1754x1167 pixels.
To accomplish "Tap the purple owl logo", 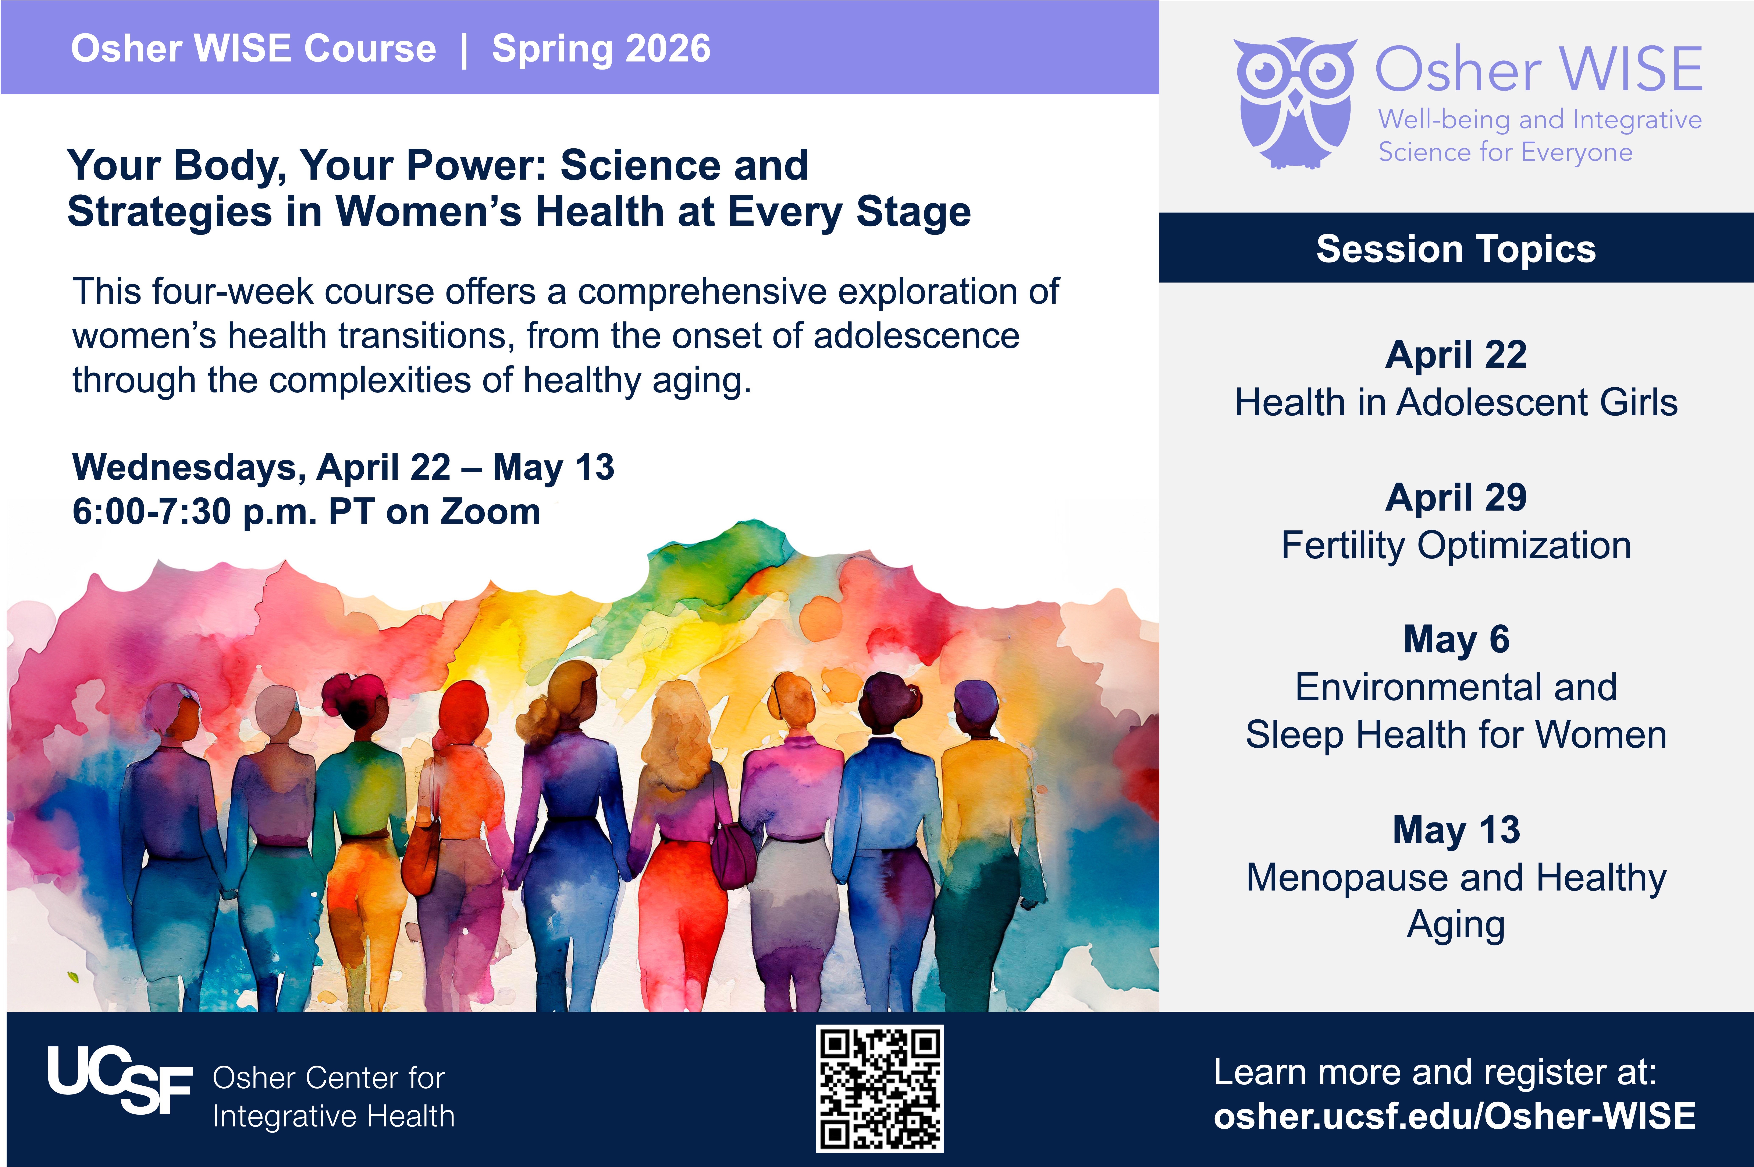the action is (1294, 103).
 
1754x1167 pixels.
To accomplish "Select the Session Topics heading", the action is (1456, 248).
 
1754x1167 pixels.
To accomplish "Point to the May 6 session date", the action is (1456, 639).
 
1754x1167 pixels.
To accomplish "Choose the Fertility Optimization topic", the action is (1456, 546).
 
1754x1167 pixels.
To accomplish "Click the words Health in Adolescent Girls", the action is (1456, 403).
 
